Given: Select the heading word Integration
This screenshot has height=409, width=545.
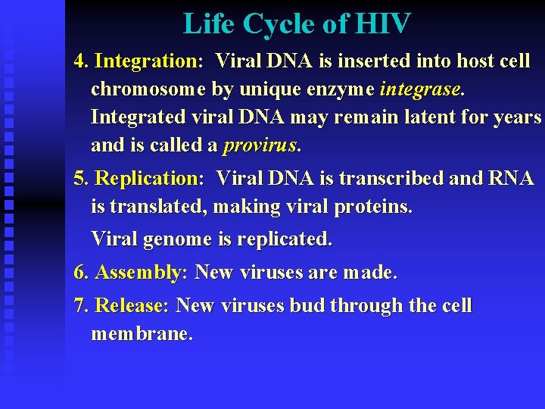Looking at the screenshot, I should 146,61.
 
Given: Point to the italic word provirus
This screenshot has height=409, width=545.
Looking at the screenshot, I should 261,145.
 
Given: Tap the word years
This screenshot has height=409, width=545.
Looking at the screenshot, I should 515,117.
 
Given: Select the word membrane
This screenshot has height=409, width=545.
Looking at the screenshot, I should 141,334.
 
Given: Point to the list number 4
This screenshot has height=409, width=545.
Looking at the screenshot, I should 79,61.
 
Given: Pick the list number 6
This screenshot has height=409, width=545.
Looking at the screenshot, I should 79,273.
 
